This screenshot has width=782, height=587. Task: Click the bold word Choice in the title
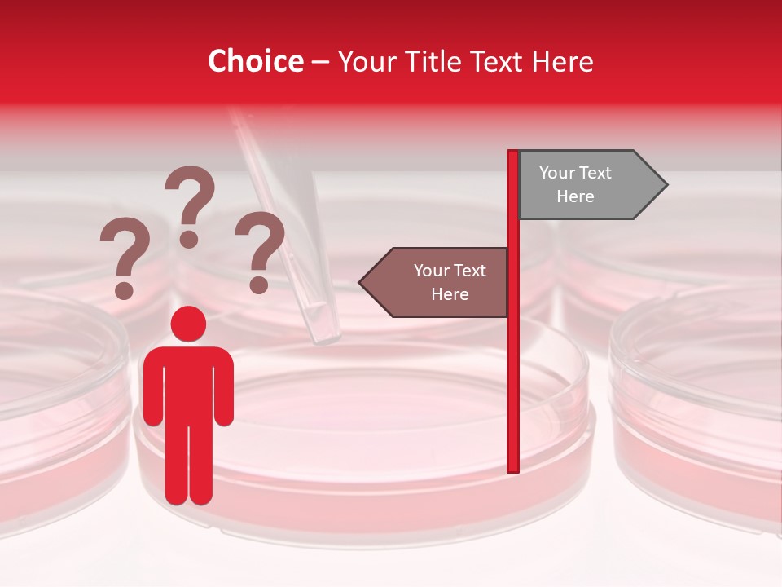(255, 61)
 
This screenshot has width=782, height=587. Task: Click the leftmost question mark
(124, 253)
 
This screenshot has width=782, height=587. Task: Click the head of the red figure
(188, 324)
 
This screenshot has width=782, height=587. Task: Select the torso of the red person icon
(188, 383)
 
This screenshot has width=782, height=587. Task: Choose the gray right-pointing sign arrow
(582, 185)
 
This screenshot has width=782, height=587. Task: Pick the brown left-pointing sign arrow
(440, 282)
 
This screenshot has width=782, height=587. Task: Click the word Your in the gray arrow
(557, 173)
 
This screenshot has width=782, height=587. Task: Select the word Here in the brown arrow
(450, 294)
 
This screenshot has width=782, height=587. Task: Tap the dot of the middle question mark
(190, 239)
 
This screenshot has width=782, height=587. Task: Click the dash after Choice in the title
(320, 62)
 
